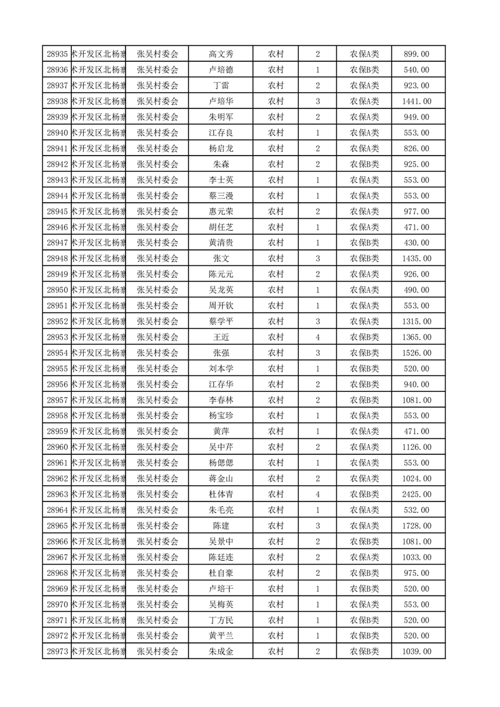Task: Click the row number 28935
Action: tap(57, 54)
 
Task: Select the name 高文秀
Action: tap(221, 54)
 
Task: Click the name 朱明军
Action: tap(221, 117)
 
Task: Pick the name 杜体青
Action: tap(221, 495)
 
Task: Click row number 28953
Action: tap(57, 337)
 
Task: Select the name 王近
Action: tap(221, 337)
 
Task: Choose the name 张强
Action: tap(221, 353)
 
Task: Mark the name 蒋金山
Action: tap(221, 479)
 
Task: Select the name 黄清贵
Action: tap(221, 243)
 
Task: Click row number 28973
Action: tap(57, 652)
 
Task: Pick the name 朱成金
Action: tap(221, 652)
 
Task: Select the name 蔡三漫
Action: tap(221, 195)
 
